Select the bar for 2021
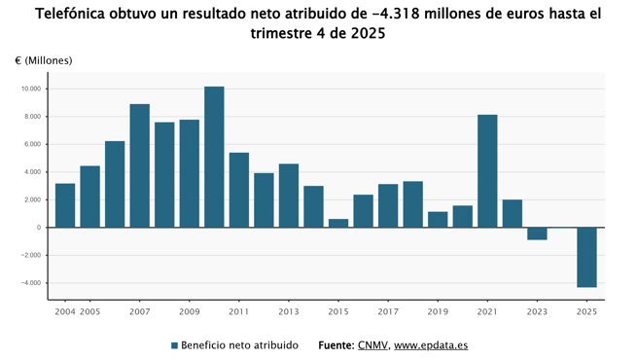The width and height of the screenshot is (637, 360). coord(487,171)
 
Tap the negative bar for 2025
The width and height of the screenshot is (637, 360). coord(586,257)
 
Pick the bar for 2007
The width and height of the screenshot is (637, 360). coord(139,165)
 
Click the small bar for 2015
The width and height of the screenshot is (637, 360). coord(338,223)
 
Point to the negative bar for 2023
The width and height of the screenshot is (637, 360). coord(537,234)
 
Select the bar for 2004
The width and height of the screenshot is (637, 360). coord(65,205)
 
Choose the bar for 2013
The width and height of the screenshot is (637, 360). coord(289,196)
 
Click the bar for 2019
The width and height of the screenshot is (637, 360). coord(438,220)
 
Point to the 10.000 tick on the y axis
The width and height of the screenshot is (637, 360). coord(31,89)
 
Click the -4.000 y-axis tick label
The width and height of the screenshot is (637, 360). coord(31,283)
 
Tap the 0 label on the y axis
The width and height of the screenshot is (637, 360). coord(40,228)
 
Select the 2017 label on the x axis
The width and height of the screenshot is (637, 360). coord(388,312)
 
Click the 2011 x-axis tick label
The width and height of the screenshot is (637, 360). coord(239,312)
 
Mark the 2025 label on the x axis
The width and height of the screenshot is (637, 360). coord(586,312)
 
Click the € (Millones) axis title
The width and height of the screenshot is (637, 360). coord(44,60)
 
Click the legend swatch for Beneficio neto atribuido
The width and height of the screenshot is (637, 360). coord(175,345)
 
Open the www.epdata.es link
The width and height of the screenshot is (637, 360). coord(431,345)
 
